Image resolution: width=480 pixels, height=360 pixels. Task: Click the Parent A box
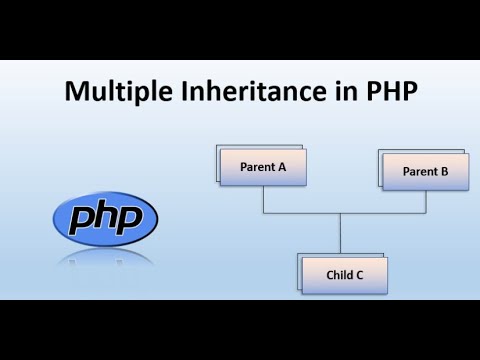263,167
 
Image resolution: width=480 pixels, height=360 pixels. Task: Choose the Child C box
345,274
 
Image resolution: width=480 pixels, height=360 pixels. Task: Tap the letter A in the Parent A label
283,167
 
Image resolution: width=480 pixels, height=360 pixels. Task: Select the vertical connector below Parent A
263,200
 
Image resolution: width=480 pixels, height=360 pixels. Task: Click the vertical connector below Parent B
426,202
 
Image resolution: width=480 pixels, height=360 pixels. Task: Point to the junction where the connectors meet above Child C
340,214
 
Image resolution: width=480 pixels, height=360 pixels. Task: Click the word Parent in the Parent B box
419,171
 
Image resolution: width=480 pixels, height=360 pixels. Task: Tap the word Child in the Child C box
339,274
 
